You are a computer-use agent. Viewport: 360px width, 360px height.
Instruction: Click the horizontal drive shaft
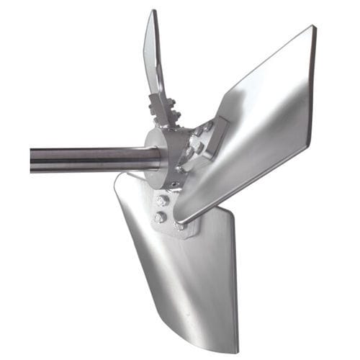pyautogui.click(x=86, y=158)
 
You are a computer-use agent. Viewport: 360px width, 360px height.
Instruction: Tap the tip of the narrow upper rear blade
pyautogui.click(x=152, y=13)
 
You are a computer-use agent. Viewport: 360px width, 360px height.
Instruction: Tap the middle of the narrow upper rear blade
pyautogui.click(x=153, y=58)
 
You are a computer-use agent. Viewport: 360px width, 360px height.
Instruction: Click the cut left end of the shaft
pyautogui.click(x=32, y=160)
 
